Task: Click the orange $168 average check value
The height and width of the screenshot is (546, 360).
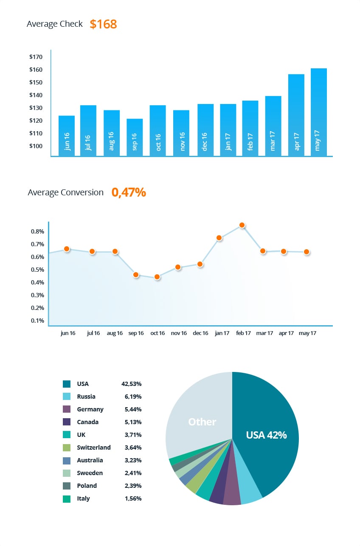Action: [x=103, y=24]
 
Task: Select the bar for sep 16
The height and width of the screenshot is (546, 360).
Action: [x=135, y=137]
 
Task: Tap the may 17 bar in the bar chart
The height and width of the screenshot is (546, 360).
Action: [x=318, y=112]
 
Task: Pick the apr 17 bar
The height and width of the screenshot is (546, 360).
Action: [x=296, y=115]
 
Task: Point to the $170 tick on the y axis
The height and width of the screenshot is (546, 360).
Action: [x=36, y=57]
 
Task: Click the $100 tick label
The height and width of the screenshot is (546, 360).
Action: [x=36, y=146]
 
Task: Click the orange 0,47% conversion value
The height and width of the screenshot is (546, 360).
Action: [x=129, y=192]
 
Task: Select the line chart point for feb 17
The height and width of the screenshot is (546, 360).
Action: [x=242, y=225]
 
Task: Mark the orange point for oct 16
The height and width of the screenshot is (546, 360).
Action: [x=157, y=277]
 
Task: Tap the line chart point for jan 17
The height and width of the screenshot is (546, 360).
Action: [x=219, y=238]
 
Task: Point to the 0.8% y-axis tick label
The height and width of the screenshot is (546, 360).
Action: [x=37, y=231]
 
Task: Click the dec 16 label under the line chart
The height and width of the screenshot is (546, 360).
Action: [x=200, y=333]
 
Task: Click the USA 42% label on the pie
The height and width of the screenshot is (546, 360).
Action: [x=266, y=435]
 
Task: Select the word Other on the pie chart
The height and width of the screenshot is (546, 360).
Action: [x=202, y=422]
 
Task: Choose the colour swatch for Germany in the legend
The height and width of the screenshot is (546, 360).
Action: [x=67, y=409]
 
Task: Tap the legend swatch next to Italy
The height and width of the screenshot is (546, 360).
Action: [x=67, y=498]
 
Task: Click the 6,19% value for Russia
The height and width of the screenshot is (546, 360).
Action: [x=133, y=397]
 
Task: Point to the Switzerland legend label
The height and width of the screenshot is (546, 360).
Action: [x=94, y=447]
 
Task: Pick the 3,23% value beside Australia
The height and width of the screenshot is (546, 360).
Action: [x=133, y=460]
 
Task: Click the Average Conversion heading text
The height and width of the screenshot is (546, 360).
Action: [x=65, y=192]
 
